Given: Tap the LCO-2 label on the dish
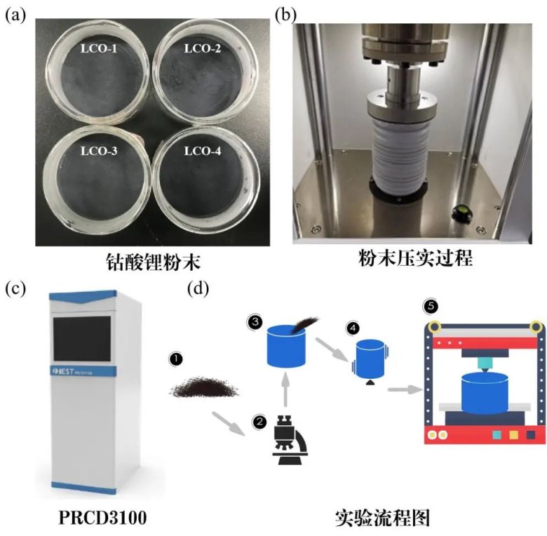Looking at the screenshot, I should pyautogui.click(x=202, y=49).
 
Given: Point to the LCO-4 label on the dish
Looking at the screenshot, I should pyautogui.click(x=203, y=151).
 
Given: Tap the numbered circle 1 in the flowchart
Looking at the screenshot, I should pyautogui.click(x=175, y=359).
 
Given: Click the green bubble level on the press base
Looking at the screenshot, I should pyautogui.click(x=463, y=210).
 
